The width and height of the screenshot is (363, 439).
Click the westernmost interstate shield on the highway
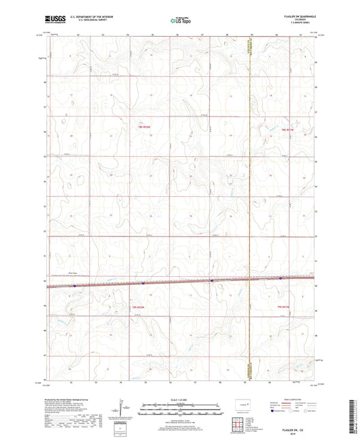pos(75,286)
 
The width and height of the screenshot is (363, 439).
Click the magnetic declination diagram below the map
pos(123,409)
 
